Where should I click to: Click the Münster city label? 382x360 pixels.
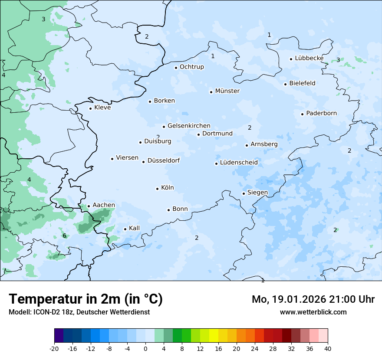tap(227, 91)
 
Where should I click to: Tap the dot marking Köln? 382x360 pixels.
tap(157, 189)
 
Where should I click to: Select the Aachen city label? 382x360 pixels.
tap(104, 205)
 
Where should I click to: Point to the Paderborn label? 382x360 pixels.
tap(321, 113)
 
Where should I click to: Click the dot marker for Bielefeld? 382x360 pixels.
tap(285, 84)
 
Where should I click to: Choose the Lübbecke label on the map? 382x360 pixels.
tap(309, 58)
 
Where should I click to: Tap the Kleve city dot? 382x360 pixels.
tap(90, 108)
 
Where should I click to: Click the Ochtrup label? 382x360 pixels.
tap(191, 67)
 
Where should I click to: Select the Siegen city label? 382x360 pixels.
tap(257, 193)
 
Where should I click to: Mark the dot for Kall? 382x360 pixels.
tap(125, 229)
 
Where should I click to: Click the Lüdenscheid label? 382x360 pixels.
tap(239, 163)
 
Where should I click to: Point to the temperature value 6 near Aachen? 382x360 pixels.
tap(64, 236)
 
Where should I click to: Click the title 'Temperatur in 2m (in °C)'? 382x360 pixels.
tap(86, 299)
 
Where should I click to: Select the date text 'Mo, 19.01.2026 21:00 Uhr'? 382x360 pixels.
tap(313, 299)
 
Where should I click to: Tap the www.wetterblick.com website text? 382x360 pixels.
tap(313, 312)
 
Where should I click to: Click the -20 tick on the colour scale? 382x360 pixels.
tap(54, 348)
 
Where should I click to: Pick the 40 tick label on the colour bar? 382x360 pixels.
tap(328, 348)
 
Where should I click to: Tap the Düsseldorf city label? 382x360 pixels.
tap(164, 160)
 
